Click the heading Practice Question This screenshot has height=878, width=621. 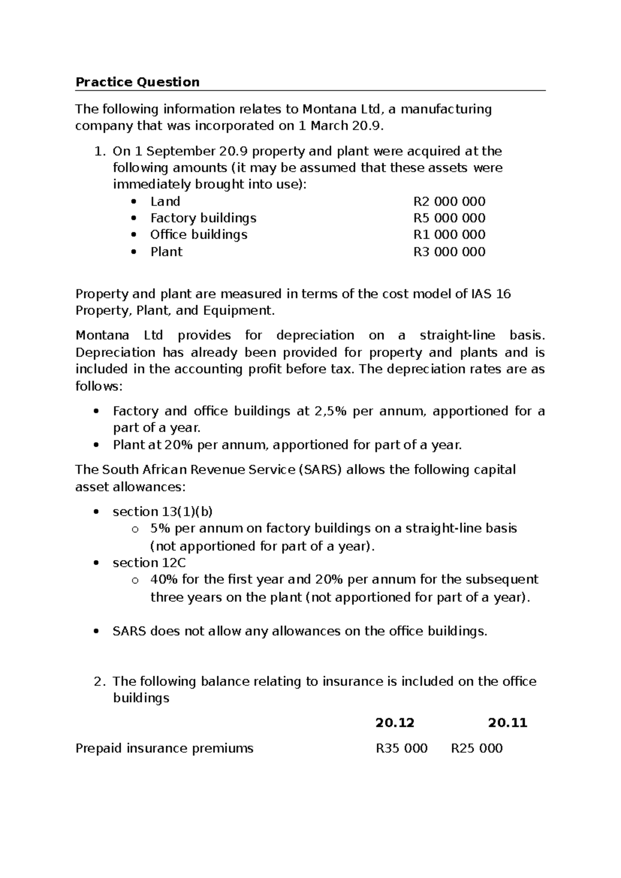[137, 82]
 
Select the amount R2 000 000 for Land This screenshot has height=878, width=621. [449, 201]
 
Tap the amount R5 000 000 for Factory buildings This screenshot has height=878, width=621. [449, 218]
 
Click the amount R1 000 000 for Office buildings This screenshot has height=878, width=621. [449, 235]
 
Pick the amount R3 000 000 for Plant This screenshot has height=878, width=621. [449, 252]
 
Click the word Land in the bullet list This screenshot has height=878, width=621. [165, 201]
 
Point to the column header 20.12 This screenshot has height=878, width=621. [395, 723]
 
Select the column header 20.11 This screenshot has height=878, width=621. [507, 723]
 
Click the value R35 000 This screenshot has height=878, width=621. [402, 748]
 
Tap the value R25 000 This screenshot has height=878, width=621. [477, 748]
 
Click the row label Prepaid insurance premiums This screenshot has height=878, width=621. [165, 748]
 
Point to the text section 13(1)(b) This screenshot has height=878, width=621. [162, 511]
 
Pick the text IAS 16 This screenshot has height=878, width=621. [490, 294]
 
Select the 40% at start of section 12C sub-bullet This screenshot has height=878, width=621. [161, 579]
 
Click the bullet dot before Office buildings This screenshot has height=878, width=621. [134, 235]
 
